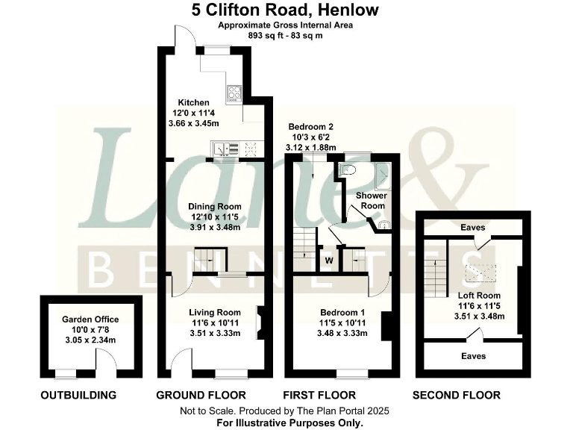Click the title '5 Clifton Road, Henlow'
(286, 10)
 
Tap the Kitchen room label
(192, 102)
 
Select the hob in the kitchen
(235, 94)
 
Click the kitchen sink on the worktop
(225, 149)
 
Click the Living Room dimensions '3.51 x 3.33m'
(214, 333)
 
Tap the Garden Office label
(90, 320)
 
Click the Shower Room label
(371, 200)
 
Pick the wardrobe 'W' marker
(328, 261)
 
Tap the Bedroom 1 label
(342, 312)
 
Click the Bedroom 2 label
(310, 127)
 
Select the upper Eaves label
(472, 228)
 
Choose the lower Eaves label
(472, 356)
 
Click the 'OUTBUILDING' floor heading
(78, 395)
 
